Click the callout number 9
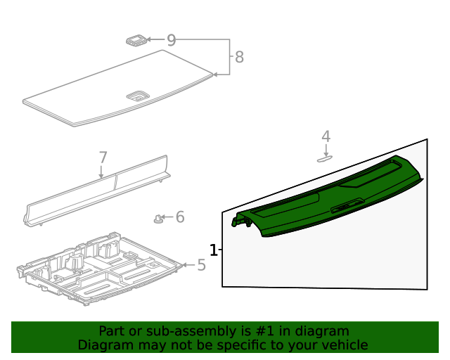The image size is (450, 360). click(171, 41)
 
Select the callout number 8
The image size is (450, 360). click(239, 57)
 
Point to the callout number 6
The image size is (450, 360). click(180, 217)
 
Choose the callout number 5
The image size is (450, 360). click(201, 265)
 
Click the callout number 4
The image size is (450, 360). click(326, 136)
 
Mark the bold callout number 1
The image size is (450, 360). click(213, 250)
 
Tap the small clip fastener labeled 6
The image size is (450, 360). click(158, 219)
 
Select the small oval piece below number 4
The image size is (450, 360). click(324, 159)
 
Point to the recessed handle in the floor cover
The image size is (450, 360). click(136, 94)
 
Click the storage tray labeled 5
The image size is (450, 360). click(98, 271)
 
